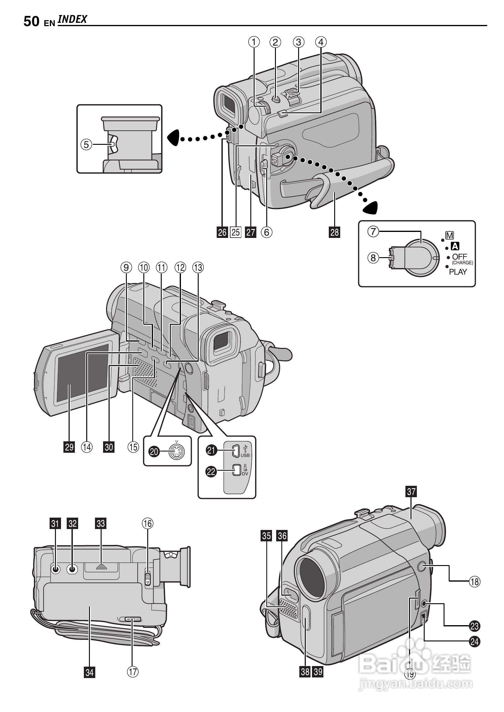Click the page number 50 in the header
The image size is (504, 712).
31,21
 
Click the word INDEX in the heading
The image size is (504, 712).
72,19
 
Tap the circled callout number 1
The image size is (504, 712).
254,42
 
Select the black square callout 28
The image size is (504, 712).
334,232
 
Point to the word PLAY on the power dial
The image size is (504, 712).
458,272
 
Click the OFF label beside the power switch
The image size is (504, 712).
459,257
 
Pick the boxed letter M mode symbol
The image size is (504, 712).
449,236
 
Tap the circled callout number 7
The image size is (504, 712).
373,231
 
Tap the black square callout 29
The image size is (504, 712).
69,447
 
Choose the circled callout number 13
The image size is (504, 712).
198,267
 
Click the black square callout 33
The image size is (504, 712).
101,524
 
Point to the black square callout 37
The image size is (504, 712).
411,491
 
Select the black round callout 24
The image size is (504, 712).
475,641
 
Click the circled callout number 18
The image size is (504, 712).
475,581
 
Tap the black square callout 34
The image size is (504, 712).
89,672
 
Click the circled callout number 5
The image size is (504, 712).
87,144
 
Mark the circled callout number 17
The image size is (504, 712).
133,672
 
